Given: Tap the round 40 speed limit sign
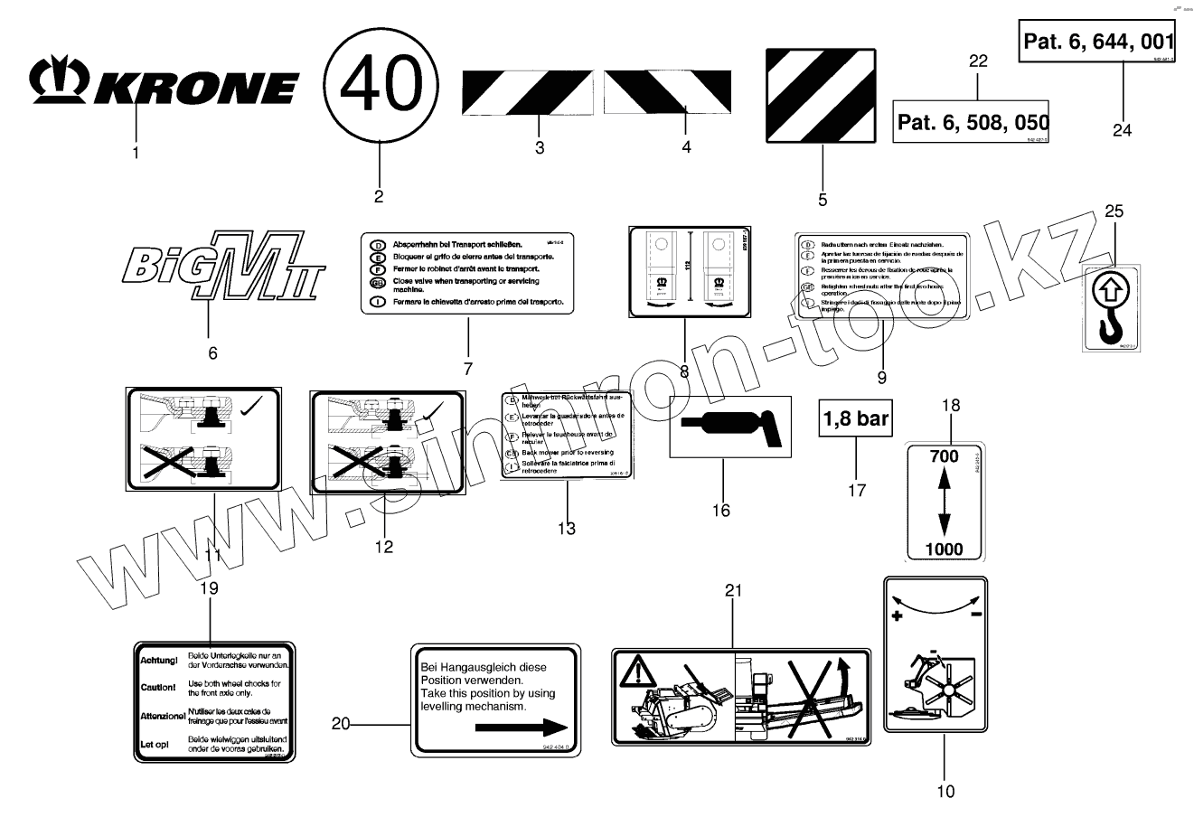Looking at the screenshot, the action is click(x=381, y=86).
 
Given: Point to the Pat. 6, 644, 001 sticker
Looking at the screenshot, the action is click(x=1097, y=42).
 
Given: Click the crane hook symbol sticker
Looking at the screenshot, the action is click(x=1111, y=307).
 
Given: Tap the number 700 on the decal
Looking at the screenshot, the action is click(x=944, y=457).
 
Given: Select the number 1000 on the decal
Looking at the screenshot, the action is click(x=945, y=549).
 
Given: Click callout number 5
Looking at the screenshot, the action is click(x=822, y=200).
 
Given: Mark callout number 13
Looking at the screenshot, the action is click(x=566, y=529).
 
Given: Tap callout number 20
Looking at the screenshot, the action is click(x=341, y=723).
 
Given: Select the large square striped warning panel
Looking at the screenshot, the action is click(x=822, y=96).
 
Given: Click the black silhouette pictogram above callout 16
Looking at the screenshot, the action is click(x=731, y=424).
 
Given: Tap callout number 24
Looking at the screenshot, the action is click(x=1122, y=129).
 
